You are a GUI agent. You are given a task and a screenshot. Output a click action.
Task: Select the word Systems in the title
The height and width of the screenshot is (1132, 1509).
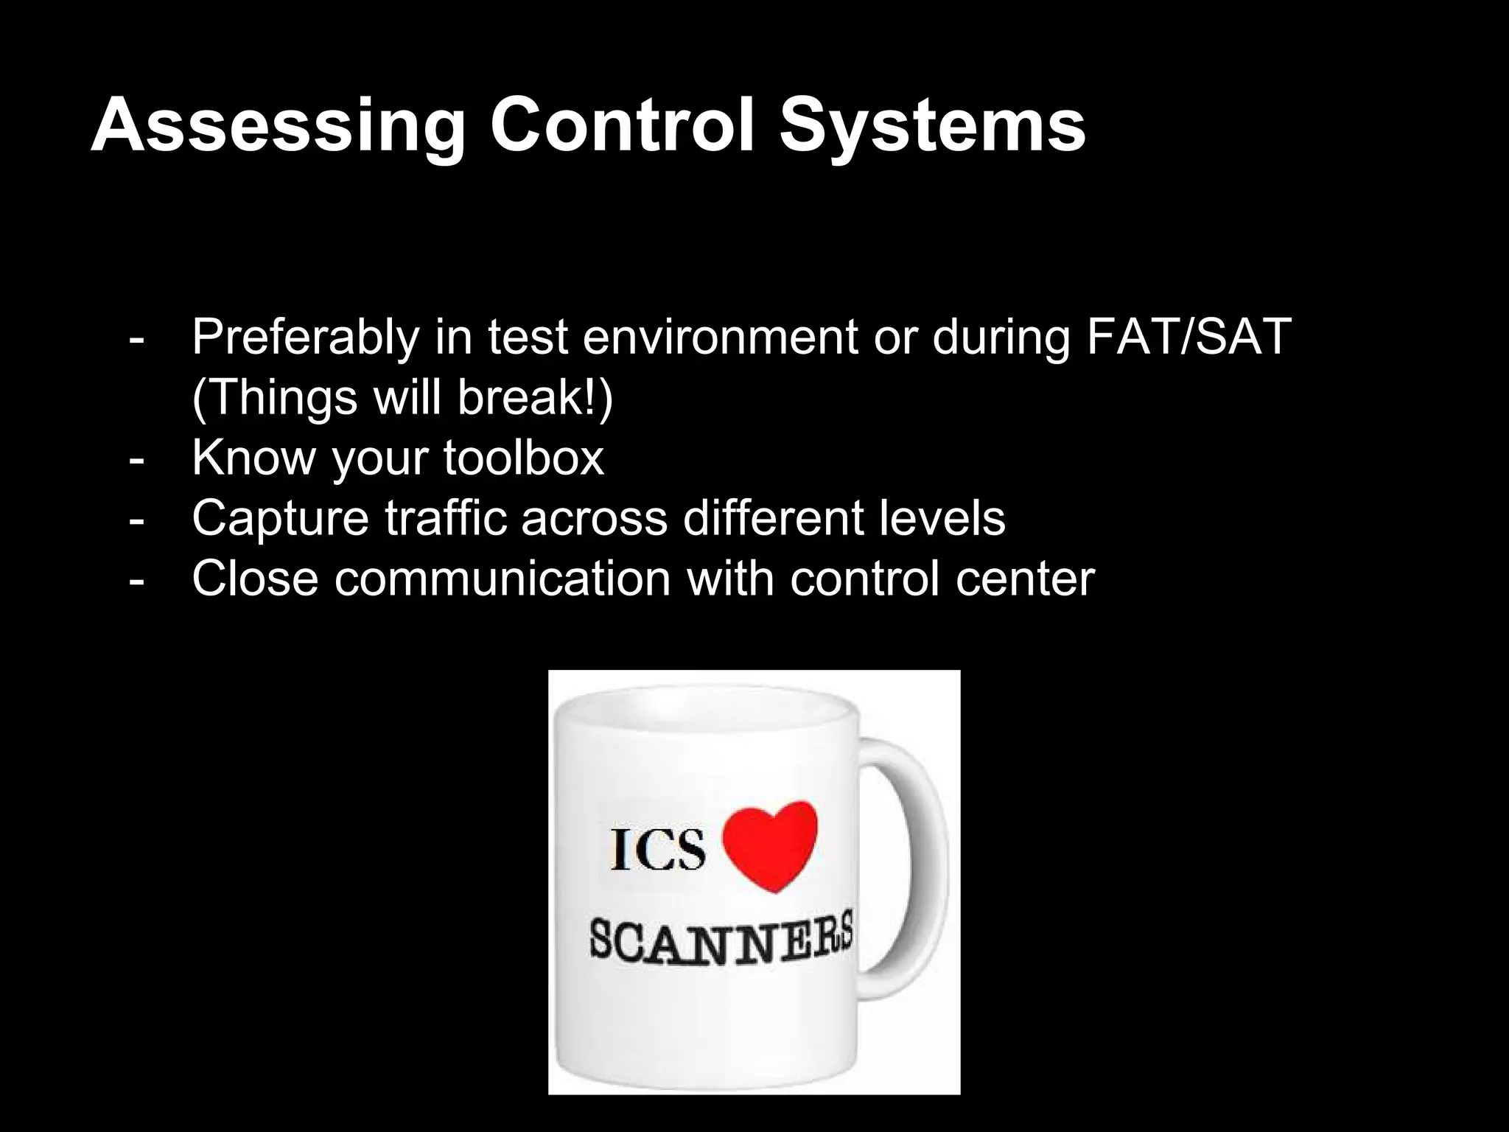pos(933,127)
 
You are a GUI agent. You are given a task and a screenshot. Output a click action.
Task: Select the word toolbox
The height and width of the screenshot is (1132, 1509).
pos(523,458)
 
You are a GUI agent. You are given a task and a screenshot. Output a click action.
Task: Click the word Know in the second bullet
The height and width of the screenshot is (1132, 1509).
pos(253,458)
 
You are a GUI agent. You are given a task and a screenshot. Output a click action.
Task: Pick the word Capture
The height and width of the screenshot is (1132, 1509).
pos(280,519)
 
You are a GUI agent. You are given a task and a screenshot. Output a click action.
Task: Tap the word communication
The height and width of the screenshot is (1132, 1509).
pos(503,579)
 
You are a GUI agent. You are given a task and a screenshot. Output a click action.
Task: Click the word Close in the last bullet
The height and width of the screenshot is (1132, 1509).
pos(255,579)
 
